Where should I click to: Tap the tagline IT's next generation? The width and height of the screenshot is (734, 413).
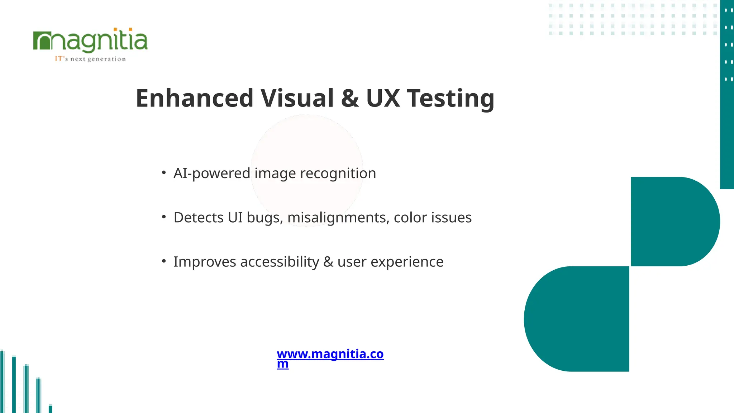pyautogui.click(x=90, y=59)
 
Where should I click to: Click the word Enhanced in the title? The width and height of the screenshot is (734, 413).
pyautogui.click(x=195, y=98)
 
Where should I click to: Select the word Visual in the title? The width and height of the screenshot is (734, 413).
pyautogui.click(x=297, y=98)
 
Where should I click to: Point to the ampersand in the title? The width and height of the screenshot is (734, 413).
pyautogui.click(x=350, y=98)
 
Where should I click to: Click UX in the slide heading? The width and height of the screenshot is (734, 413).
pyautogui.click(x=383, y=98)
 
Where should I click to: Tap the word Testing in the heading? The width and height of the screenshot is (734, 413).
pyautogui.click(x=451, y=98)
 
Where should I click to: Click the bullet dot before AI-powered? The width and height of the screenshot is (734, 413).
pyautogui.click(x=164, y=173)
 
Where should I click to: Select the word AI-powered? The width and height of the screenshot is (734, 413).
pyautogui.click(x=211, y=174)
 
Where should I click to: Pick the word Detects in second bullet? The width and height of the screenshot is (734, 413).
pyautogui.click(x=199, y=218)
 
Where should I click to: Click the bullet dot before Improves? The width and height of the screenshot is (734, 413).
pyautogui.click(x=164, y=261)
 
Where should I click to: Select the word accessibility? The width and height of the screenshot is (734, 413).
pyautogui.click(x=280, y=262)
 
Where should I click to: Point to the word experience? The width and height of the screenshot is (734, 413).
pyautogui.click(x=407, y=262)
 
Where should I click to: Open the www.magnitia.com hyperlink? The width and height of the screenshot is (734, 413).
pyautogui.click(x=330, y=354)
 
